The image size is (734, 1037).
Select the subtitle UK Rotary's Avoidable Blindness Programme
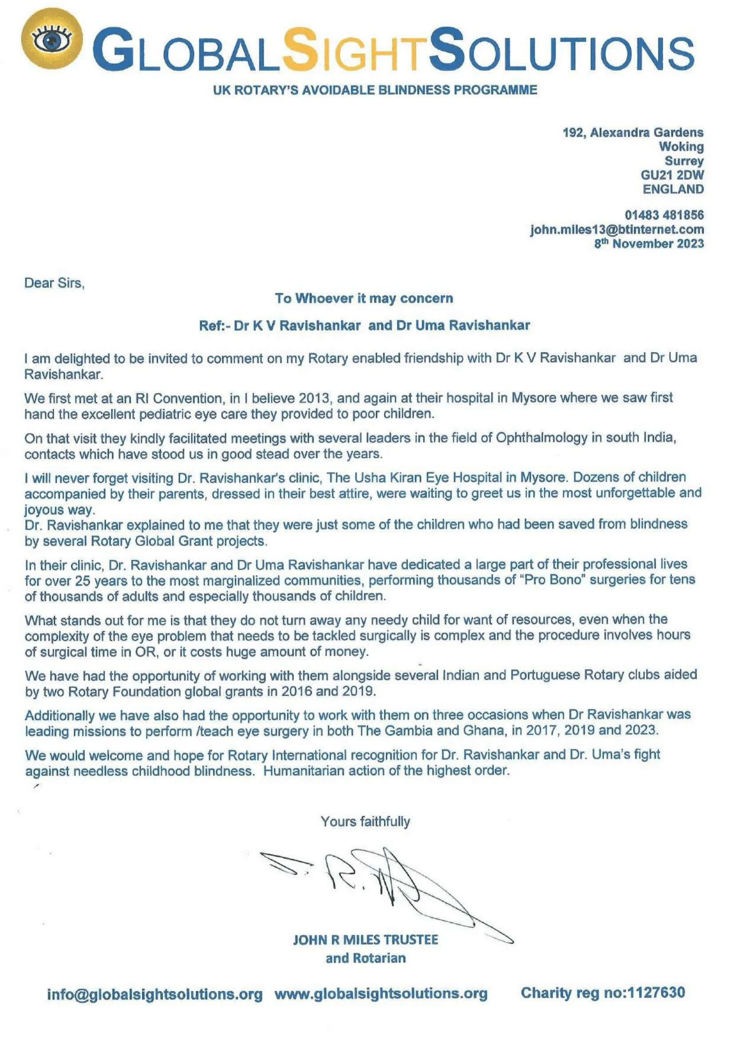[375, 90]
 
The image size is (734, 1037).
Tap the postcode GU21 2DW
[671, 175]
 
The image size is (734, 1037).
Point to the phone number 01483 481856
[664, 215]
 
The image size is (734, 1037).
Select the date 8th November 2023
[649, 243]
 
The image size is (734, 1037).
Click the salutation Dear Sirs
[54, 283]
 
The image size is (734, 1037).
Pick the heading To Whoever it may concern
[364, 298]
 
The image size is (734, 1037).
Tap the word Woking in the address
[681, 146]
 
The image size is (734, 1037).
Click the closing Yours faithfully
[365, 821]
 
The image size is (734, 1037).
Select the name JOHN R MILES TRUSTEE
[366, 940]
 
